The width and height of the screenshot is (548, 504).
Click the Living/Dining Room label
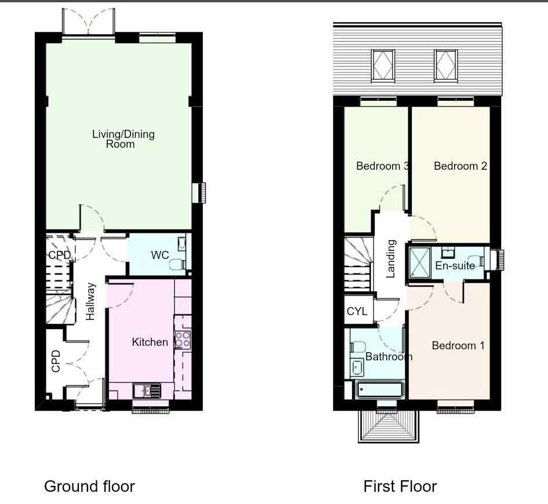point(123,139)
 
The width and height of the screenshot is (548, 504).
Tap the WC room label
point(160,255)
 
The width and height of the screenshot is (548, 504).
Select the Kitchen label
point(150,342)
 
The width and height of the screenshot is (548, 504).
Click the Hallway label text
point(90,301)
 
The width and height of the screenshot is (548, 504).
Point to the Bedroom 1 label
point(458,346)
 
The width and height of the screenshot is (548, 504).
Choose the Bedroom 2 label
point(460,166)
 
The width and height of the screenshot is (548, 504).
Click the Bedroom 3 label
point(382,166)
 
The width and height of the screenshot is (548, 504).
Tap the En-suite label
point(455,266)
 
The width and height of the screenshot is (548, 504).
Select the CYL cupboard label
point(357,312)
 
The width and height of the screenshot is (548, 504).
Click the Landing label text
point(391,259)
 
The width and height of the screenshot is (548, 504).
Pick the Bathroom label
point(389,357)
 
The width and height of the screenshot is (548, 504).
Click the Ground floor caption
point(89,487)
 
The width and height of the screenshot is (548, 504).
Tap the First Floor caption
point(400,487)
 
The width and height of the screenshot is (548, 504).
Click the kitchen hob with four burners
point(183,339)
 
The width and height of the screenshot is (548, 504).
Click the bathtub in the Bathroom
point(380,390)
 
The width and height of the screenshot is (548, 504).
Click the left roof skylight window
point(383,64)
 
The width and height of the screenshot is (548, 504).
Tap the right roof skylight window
point(446,64)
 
